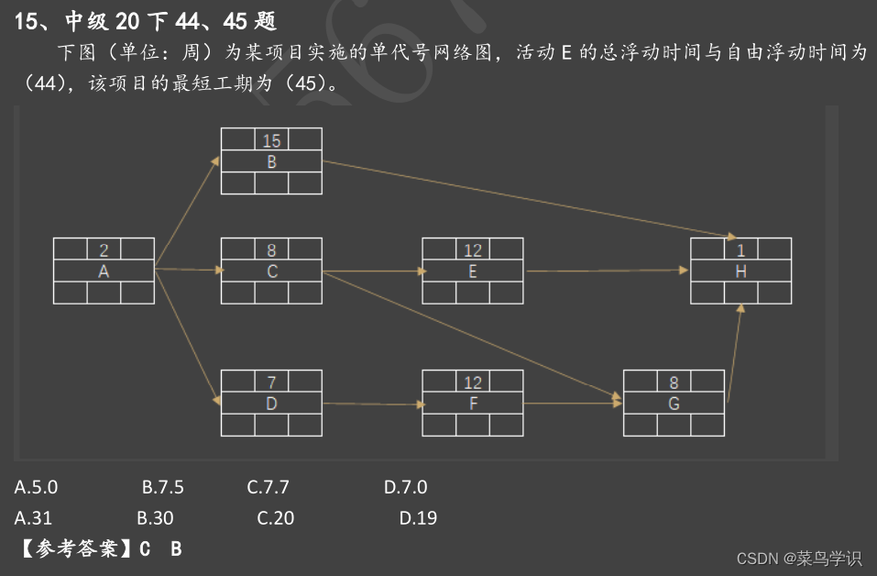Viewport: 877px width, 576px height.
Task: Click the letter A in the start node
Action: pyautogui.click(x=104, y=271)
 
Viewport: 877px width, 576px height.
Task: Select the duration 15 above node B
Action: pyautogui.click(x=271, y=140)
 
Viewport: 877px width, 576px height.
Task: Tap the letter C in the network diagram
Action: pyautogui.click(x=271, y=271)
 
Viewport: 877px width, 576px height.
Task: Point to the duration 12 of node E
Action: pyautogui.click(x=473, y=249)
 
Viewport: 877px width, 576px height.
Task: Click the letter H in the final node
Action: pyautogui.click(x=740, y=271)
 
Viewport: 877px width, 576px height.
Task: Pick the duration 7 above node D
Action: pyautogui.click(x=271, y=382)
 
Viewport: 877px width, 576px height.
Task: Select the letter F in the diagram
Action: pyautogui.click(x=473, y=403)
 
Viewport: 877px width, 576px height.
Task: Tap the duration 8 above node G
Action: pyautogui.click(x=674, y=382)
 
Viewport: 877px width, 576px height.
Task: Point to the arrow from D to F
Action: pyautogui.click(x=372, y=404)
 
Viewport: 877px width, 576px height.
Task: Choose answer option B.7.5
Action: pyautogui.click(x=162, y=487)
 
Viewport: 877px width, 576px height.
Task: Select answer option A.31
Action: pyautogui.click(x=34, y=517)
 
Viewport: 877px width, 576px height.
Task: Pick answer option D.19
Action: pyautogui.click(x=418, y=517)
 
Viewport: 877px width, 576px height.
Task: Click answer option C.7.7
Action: pyautogui.click(x=268, y=487)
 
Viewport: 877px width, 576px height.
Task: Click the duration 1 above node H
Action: pyautogui.click(x=740, y=249)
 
